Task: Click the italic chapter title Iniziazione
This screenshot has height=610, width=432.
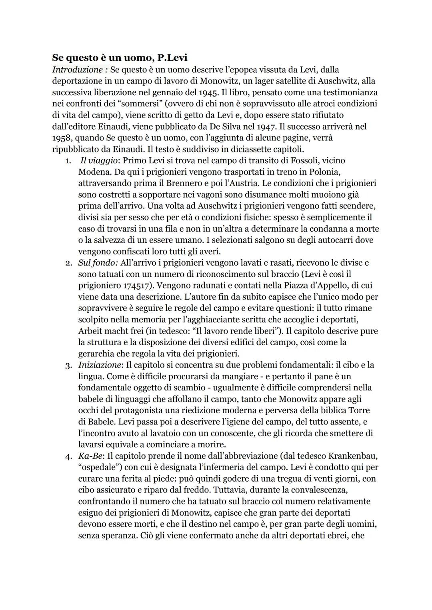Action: coord(99,365)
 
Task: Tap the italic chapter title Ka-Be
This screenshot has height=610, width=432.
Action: coord(88,456)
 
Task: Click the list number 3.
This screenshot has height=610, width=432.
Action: coord(68,365)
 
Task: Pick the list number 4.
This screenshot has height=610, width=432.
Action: coord(68,456)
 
